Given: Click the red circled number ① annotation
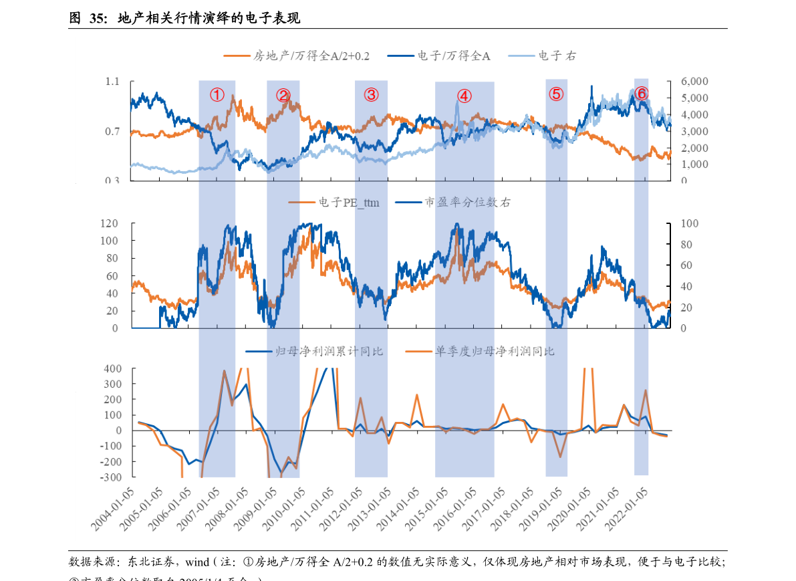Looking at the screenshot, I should click(x=217, y=95).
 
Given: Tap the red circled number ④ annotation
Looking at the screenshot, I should click(x=464, y=96).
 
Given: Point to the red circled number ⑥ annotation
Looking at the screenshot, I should click(x=641, y=94).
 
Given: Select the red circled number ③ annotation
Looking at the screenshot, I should click(x=371, y=95).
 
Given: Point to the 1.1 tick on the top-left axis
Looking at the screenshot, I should click(x=112, y=82).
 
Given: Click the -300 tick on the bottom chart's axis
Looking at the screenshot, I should click(x=111, y=477).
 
